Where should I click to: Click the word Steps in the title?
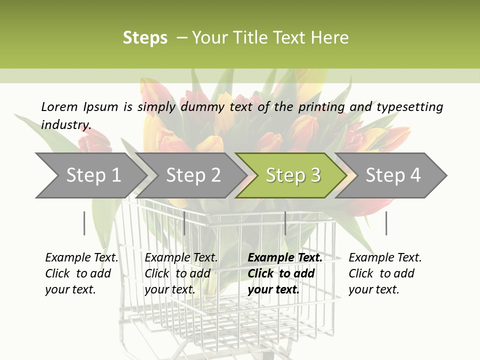pyautogui.click(x=145, y=38)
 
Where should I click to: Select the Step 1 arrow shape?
pyautogui.click(x=90, y=175)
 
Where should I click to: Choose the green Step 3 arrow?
pyautogui.click(x=292, y=175)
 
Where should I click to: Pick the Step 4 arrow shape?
pyautogui.click(x=392, y=175)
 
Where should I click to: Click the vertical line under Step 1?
pyautogui.click(x=84, y=223)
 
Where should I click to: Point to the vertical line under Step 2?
pyautogui.click(x=184, y=223)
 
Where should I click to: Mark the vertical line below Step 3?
pyautogui.click(x=285, y=223)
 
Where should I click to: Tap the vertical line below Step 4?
pyautogui.click(x=386, y=223)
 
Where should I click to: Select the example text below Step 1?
pyautogui.click(x=81, y=273)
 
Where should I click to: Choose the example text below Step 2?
pyautogui.click(x=181, y=273)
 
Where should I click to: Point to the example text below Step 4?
pyautogui.click(x=385, y=273)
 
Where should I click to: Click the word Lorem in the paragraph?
pyautogui.click(x=59, y=107)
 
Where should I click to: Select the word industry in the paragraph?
pyautogui.click(x=65, y=125)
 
